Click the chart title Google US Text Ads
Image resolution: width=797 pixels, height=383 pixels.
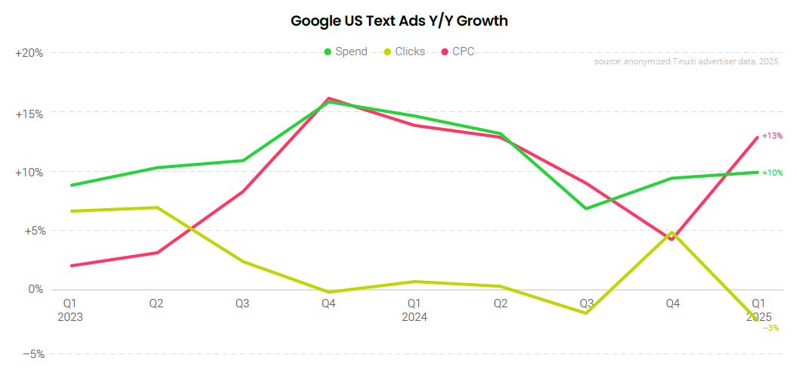[398, 21]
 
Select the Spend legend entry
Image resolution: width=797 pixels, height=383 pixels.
[346, 51]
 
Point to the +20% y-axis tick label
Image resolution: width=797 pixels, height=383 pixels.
[29, 53]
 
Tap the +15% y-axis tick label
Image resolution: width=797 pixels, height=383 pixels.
[29, 114]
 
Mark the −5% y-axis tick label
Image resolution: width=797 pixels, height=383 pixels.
[32, 353]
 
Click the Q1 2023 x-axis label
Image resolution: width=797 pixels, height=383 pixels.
[70, 310]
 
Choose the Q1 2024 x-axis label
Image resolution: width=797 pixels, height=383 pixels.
[414, 310]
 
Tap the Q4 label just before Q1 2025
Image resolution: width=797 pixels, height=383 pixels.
[672, 303]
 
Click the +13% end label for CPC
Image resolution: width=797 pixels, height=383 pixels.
[772, 135]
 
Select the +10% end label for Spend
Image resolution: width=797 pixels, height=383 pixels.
[772, 173]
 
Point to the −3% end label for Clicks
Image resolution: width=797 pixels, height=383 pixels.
[771, 328]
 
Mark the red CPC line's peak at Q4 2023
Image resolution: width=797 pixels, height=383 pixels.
[329, 98]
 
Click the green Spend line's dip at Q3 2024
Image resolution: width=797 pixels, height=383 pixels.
[587, 208]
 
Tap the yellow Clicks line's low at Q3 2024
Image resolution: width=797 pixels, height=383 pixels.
[587, 313]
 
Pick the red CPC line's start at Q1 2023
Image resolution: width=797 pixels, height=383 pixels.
[70, 266]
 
